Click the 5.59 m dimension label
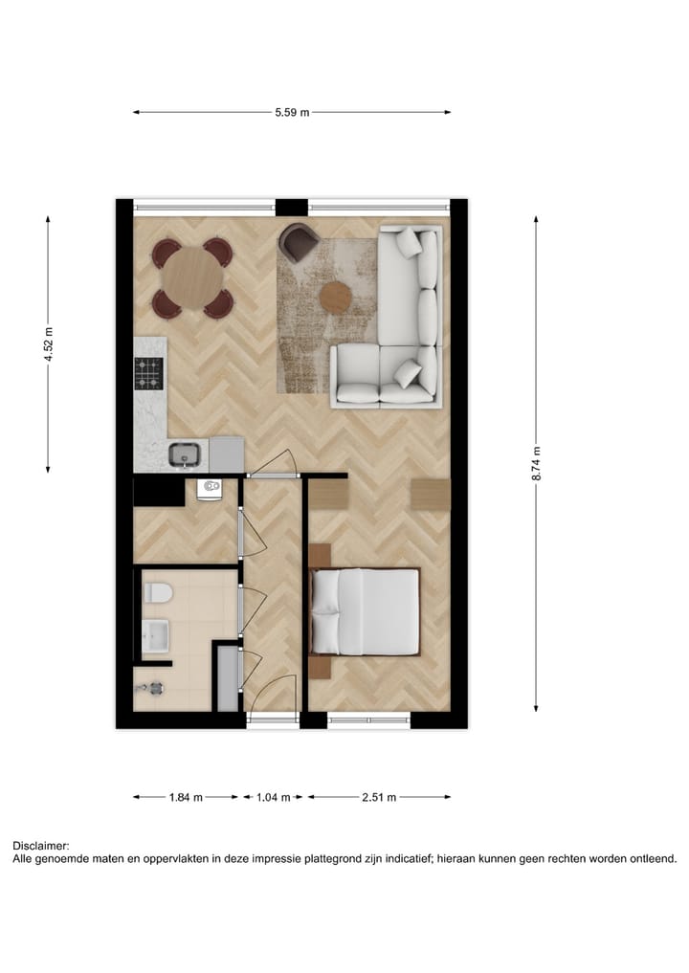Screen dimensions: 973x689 click(292, 113)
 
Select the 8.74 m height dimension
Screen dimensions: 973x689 click(537, 464)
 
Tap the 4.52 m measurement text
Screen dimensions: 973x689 click(48, 343)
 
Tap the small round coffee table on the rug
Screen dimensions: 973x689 click(336, 297)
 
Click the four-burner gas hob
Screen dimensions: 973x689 click(149, 372)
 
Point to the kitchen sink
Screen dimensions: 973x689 click(186, 456)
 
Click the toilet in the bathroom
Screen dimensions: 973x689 click(157, 594)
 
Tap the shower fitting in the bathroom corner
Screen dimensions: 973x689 click(153, 687)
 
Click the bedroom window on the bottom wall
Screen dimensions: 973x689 click(369, 720)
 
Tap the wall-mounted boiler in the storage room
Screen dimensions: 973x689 click(210, 490)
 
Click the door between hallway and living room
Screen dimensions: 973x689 click(273, 466)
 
